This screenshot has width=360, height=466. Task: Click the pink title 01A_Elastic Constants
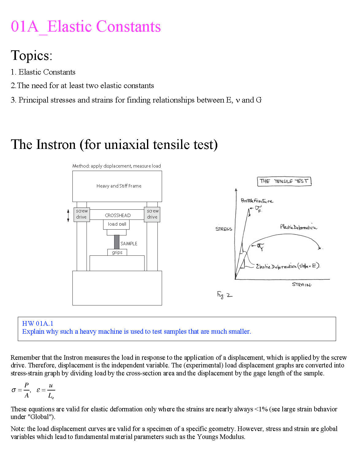click(x=86, y=26)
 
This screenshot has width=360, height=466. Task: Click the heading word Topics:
click(x=32, y=56)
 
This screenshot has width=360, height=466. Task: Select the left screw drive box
click(x=82, y=214)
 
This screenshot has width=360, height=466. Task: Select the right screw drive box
click(x=152, y=214)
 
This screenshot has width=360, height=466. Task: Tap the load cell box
click(x=117, y=224)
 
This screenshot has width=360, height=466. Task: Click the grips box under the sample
click(x=117, y=252)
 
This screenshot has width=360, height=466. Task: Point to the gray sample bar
click(x=117, y=242)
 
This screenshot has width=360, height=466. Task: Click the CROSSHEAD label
click(x=118, y=216)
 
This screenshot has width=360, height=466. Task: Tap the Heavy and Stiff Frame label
click(x=119, y=186)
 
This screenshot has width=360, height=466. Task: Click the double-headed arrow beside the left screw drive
click(x=68, y=216)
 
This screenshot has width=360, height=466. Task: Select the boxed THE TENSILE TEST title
click(x=284, y=181)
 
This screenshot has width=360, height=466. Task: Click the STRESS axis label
click(x=224, y=229)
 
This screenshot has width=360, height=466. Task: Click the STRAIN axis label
click(x=301, y=285)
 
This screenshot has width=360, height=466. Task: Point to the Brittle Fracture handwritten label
click(x=257, y=201)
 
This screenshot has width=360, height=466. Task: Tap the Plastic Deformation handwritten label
click(x=298, y=227)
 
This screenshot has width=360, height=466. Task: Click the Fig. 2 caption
click(x=225, y=295)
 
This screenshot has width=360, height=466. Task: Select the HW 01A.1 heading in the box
click(x=38, y=324)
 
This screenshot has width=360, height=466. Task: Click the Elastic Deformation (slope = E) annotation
click(x=288, y=266)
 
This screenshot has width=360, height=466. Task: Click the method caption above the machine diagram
click(x=117, y=166)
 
